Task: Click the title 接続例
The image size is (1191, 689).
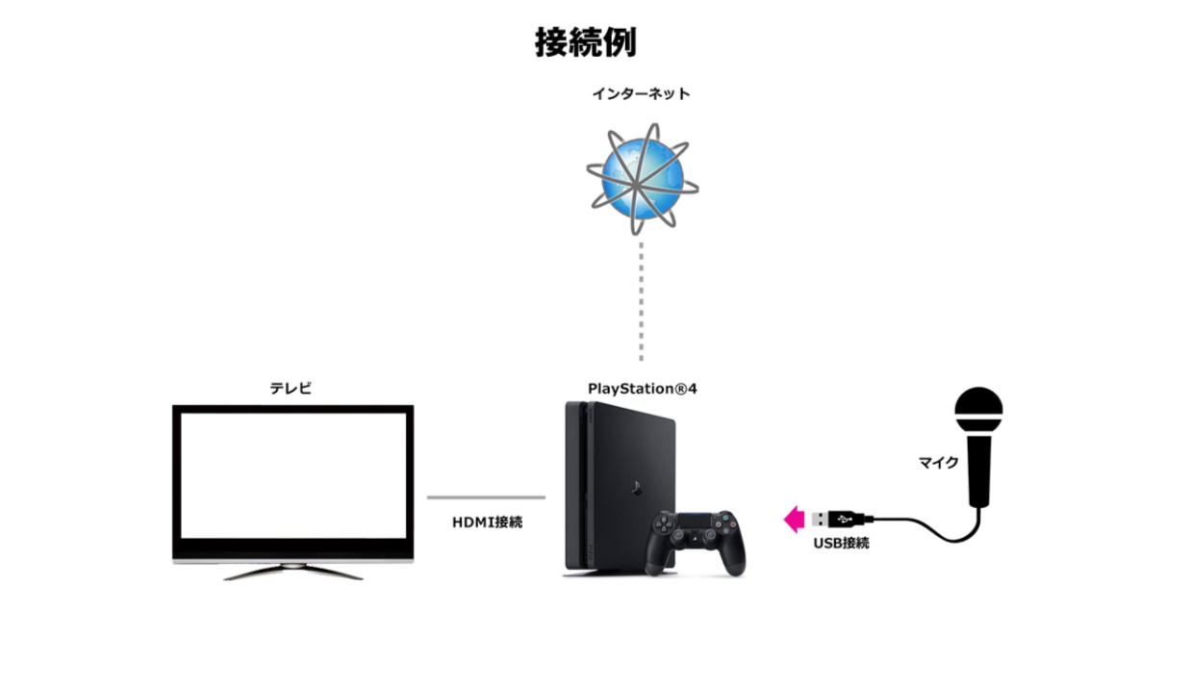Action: [x=585, y=42]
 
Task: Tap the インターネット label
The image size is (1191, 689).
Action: [x=642, y=94]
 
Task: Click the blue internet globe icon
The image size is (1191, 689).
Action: [x=643, y=179]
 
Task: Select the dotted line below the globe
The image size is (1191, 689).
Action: [x=642, y=301]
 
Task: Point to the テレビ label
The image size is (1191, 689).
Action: [x=291, y=388]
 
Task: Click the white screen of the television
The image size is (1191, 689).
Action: [x=293, y=475]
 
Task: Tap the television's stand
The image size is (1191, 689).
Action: [x=293, y=572]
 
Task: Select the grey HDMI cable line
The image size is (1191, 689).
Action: [x=486, y=498]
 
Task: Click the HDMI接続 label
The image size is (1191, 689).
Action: [x=487, y=523]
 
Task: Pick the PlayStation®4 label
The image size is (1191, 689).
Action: [x=643, y=389]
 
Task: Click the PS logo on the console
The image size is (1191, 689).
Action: [x=636, y=488]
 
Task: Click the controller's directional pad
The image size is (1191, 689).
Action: [x=663, y=525]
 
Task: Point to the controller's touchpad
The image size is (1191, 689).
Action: [x=695, y=521]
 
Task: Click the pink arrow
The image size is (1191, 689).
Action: [x=795, y=520]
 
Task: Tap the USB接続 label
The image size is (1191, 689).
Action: [x=841, y=543]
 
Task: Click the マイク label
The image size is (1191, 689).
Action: [x=938, y=462]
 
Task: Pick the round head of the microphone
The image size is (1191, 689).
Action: [x=978, y=409]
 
